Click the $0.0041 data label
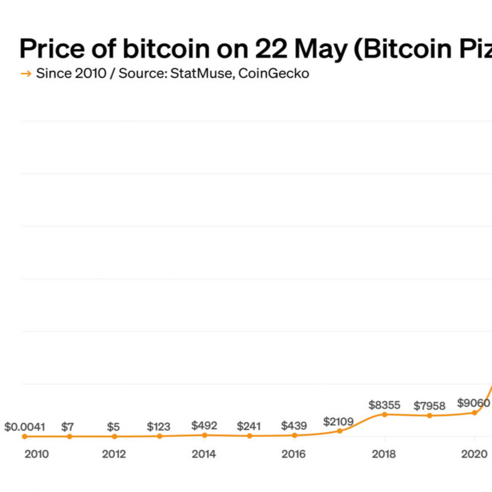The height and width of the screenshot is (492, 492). [x=25, y=426]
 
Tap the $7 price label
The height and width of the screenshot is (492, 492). [x=68, y=426]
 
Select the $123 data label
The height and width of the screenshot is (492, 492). [x=159, y=426]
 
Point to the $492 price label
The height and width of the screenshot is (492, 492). [x=204, y=425]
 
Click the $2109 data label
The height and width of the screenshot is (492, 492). [x=338, y=421]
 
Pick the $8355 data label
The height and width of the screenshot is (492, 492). [x=384, y=405]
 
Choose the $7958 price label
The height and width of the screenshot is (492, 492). [x=430, y=406]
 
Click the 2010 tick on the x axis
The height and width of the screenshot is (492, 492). [x=37, y=454]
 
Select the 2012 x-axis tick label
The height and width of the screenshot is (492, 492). [x=114, y=454]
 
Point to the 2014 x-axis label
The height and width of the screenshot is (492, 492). [x=203, y=454]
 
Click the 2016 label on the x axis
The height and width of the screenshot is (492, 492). [x=294, y=454]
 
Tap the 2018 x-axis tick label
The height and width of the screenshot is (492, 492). [x=384, y=454]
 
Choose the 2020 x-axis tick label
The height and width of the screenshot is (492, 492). [x=475, y=454]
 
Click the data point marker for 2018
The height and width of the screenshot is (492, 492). [x=384, y=414]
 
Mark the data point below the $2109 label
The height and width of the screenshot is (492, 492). [x=339, y=431]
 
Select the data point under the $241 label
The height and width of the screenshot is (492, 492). [x=249, y=436]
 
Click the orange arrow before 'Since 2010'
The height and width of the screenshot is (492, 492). [x=25, y=73]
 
